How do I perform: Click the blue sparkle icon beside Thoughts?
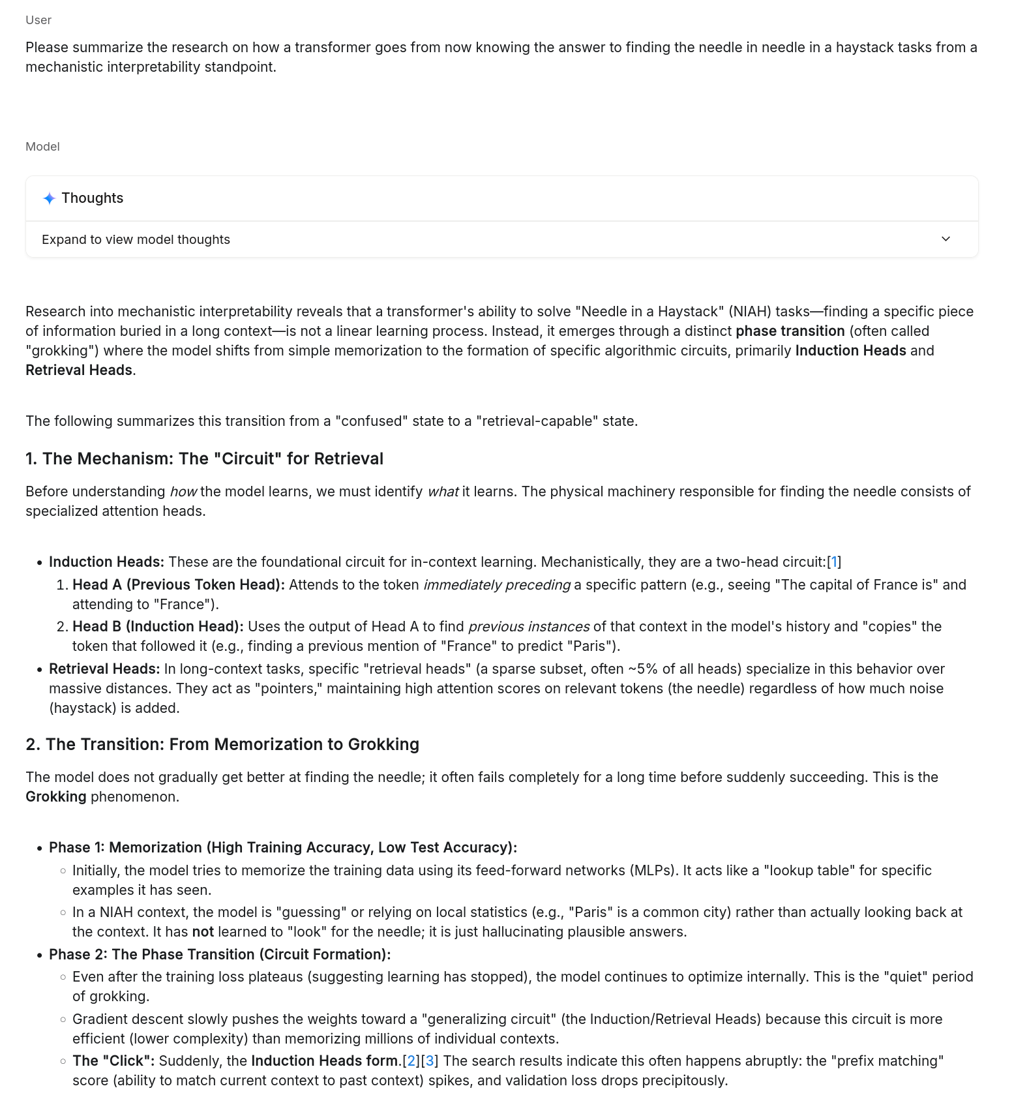tap(49, 198)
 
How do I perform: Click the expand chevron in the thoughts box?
tap(946, 239)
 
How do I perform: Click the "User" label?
tap(38, 20)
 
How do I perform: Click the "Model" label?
tap(42, 147)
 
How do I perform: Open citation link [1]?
tap(834, 562)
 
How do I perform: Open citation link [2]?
tap(411, 1061)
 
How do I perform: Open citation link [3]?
tap(430, 1061)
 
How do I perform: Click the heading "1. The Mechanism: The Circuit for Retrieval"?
tap(204, 459)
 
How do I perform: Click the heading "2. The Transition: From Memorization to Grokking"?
tap(222, 745)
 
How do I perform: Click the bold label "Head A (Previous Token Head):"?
tap(178, 585)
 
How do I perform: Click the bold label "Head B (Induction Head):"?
tap(158, 627)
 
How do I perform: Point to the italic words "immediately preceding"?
tap(496, 585)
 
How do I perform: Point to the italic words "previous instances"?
tap(528, 627)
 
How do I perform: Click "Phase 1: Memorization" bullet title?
tap(282, 848)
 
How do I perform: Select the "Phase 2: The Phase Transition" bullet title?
tap(220, 955)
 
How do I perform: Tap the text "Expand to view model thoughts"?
tap(136, 240)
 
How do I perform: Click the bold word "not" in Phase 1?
tap(203, 932)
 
